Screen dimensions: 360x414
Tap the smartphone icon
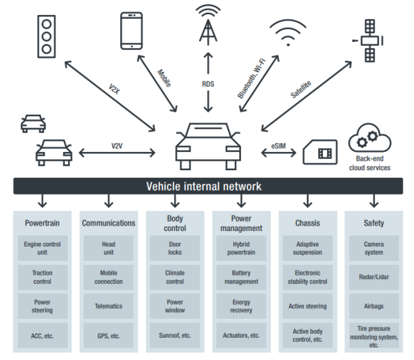[132, 30]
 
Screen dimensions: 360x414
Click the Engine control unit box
[43, 249]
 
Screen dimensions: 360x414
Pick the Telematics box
[109, 306]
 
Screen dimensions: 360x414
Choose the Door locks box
[175, 249]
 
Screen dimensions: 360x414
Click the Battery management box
[241, 277]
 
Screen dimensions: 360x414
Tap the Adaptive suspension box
[307, 249]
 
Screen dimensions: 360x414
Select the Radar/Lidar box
[373, 277]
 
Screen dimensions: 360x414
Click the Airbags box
[373, 306]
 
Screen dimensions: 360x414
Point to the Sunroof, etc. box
[175, 335]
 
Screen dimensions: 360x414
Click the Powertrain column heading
[43, 223]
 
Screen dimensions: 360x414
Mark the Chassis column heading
[307, 223]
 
